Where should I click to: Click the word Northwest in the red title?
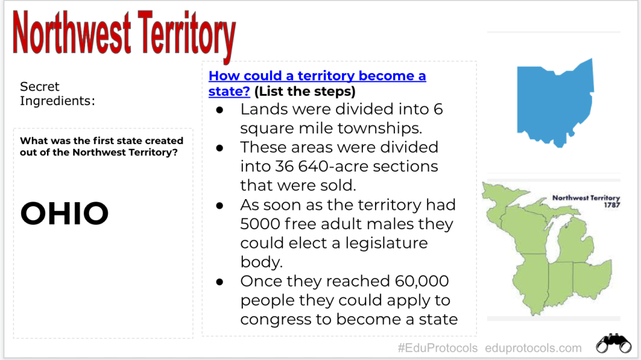(72, 33)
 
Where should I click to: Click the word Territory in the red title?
(187, 36)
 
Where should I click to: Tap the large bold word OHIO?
(64, 213)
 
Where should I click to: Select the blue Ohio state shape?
(555, 103)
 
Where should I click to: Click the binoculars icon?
(613, 343)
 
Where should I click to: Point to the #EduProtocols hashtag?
(438, 348)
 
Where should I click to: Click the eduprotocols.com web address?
(533, 348)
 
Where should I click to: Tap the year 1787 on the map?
(612, 205)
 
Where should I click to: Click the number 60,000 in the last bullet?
(421, 282)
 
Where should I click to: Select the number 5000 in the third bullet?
(260, 224)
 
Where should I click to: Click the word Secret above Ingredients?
(39, 86)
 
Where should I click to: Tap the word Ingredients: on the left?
(57, 101)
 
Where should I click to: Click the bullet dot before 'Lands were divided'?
(220, 110)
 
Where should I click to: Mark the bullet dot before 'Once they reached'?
(220, 282)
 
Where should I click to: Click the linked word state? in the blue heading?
(229, 91)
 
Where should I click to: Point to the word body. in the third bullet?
(261, 262)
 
